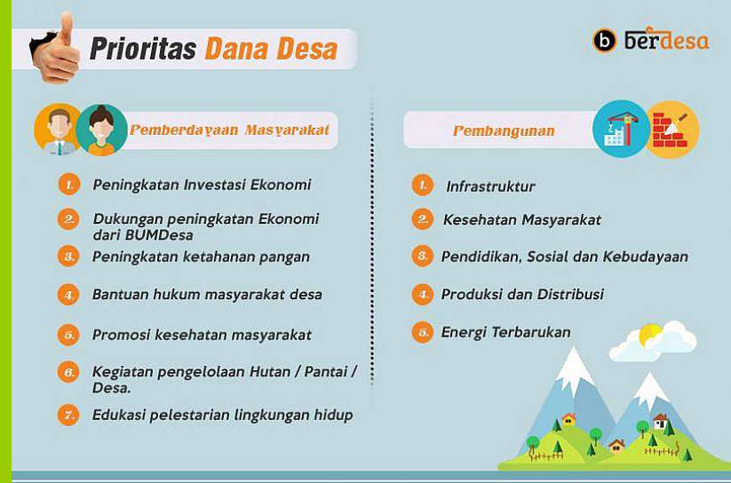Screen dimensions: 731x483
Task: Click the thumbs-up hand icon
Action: pyautogui.click(x=55, y=49)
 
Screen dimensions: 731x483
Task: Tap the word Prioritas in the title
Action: pyautogui.click(x=143, y=49)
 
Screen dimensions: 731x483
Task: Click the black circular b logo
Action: pyautogui.click(x=604, y=41)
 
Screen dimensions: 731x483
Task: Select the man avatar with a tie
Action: pyautogui.click(x=58, y=129)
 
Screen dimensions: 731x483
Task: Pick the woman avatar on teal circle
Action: pyautogui.click(x=101, y=130)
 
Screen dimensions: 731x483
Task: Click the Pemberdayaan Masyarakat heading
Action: pyautogui.click(x=229, y=130)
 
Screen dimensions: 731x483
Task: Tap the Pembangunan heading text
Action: pyautogui.click(x=504, y=131)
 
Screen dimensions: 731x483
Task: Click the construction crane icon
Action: pyautogui.click(x=621, y=129)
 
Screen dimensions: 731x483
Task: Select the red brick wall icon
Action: pyautogui.click(x=671, y=130)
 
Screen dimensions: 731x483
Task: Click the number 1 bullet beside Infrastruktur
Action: pyautogui.click(x=423, y=185)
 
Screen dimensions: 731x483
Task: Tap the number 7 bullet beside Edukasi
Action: pyautogui.click(x=68, y=415)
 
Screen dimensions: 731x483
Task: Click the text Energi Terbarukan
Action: pyautogui.click(x=505, y=332)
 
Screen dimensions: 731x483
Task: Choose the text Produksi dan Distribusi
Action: pyautogui.click(x=522, y=294)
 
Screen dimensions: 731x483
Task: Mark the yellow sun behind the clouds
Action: pyautogui.click(x=650, y=335)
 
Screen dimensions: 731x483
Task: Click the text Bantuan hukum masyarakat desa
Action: pyautogui.click(x=207, y=295)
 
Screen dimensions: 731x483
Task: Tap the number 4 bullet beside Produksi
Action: pyautogui.click(x=423, y=294)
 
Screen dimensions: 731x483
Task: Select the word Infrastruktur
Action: pyautogui.click(x=490, y=186)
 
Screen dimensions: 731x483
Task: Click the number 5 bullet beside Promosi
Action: pyautogui.click(x=68, y=335)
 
